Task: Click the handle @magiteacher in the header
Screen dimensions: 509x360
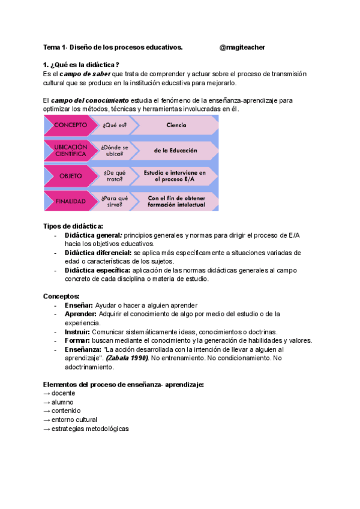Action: coord(242,47)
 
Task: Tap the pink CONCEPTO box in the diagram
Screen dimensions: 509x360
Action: coord(70,125)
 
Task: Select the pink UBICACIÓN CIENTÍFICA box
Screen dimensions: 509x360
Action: coord(70,150)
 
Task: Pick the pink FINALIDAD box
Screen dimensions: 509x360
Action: coord(70,200)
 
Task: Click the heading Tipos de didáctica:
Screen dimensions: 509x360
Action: coord(69,226)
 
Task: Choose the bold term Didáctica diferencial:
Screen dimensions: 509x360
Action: coord(98,253)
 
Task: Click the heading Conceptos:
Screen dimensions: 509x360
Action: coord(61,297)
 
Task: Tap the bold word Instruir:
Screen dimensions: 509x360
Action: coord(77,331)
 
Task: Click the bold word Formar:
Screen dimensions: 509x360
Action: coord(77,340)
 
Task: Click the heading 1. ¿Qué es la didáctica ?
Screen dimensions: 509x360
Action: coord(82,65)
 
